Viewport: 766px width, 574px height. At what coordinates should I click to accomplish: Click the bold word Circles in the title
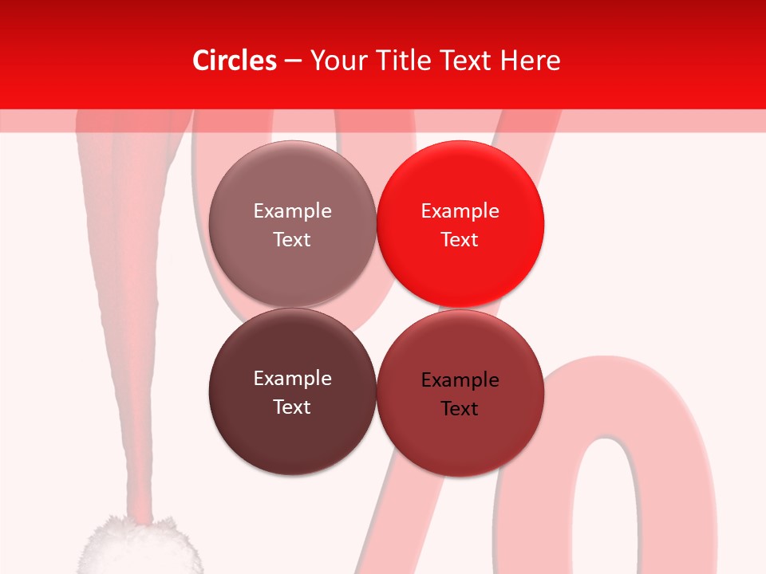234,61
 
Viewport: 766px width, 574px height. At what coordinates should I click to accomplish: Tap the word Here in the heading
529,61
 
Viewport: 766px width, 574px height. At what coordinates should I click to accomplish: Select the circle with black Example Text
460,434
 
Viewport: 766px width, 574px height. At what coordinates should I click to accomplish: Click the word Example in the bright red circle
460,211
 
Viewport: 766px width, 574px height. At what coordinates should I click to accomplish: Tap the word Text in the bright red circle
460,239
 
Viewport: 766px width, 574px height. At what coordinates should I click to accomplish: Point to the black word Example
460,380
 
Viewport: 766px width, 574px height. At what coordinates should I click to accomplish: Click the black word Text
460,409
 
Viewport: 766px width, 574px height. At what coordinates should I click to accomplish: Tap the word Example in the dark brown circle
292,379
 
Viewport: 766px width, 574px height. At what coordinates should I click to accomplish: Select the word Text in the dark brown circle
292,407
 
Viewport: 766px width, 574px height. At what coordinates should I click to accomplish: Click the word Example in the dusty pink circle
292,211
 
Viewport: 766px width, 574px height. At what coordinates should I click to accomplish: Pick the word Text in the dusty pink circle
292,239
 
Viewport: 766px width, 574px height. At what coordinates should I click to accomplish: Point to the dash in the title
292,61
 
